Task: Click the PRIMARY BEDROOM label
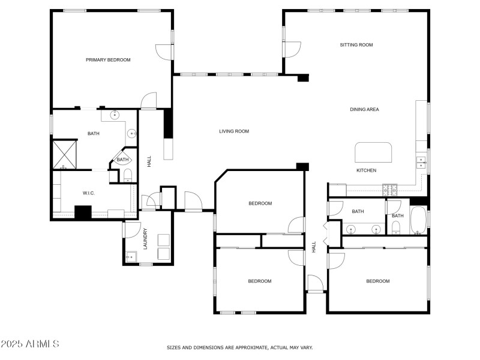(x=108, y=60)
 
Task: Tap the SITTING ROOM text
(x=356, y=45)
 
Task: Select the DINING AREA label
(x=364, y=109)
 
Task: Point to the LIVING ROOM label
(x=233, y=131)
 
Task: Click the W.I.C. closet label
(x=89, y=193)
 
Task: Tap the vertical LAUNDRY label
(x=145, y=238)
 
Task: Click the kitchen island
(x=373, y=152)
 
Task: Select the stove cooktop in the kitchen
(x=390, y=190)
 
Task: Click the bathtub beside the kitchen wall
(x=418, y=221)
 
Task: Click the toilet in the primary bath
(x=127, y=175)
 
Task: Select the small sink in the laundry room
(x=130, y=257)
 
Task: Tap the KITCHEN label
(x=366, y=170)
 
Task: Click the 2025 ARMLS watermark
(x=30, y=344)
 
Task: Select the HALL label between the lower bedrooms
(x=314, y=246)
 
